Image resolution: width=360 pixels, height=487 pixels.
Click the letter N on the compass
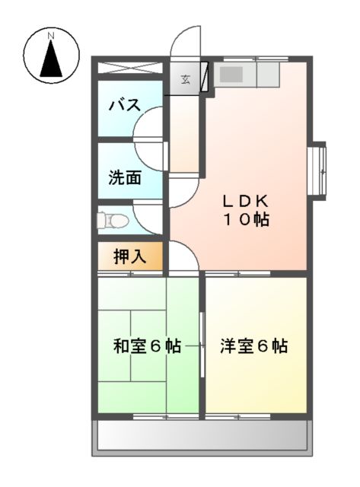coord(51,36)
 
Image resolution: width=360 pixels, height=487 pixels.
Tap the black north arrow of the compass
coord(51,59)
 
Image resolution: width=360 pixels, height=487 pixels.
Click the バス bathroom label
coord(124,105)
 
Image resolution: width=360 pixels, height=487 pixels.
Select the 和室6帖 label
coord(147,346)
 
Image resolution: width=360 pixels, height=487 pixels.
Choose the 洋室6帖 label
coord(254,346)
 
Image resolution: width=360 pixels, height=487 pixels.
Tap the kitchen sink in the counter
coord(232,75)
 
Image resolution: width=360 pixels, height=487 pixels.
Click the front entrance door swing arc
coord(185,42)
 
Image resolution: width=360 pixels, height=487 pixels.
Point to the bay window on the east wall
coord(317,169)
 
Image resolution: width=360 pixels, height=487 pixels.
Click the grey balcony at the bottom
coord(202,437)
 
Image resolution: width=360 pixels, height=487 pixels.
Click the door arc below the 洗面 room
coord(149,215)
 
